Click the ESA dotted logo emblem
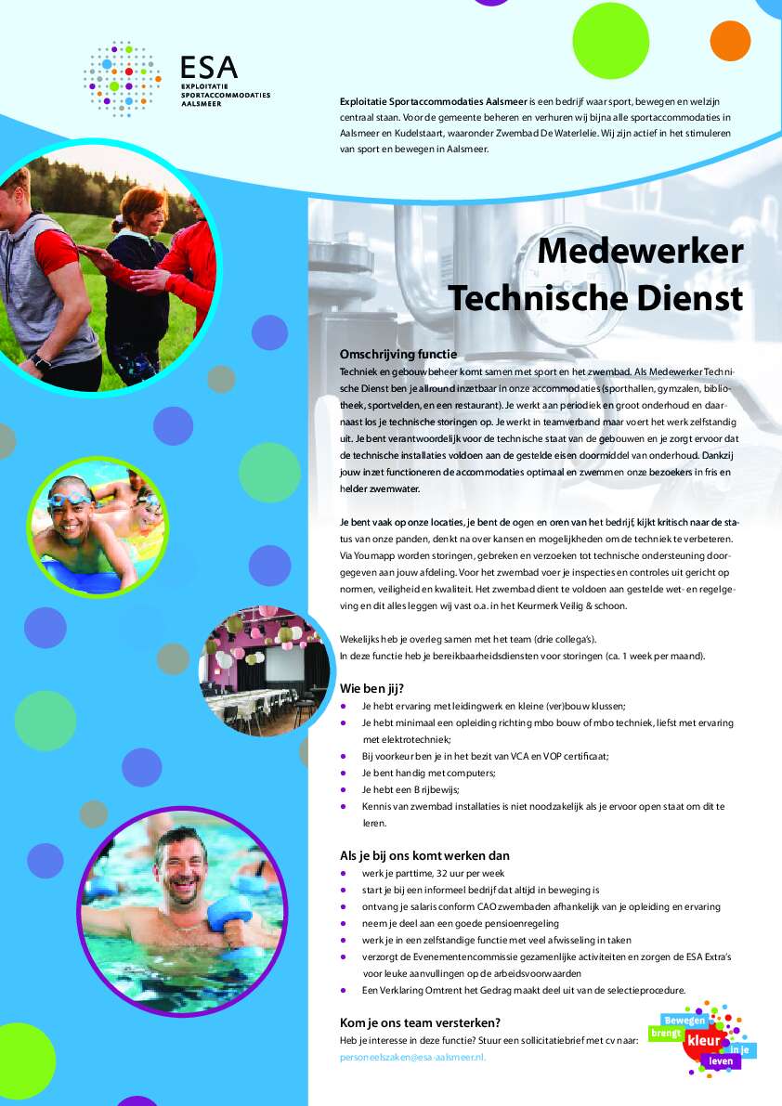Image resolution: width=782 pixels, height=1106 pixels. (122, 79)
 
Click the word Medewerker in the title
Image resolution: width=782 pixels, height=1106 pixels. (640, 251)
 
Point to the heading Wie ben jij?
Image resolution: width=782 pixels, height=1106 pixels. (371, 688)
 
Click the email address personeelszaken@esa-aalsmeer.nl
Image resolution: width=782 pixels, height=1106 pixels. (412, 1057)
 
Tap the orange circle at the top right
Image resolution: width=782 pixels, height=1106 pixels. (730, 40)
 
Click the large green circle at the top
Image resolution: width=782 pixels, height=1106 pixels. (610, 41)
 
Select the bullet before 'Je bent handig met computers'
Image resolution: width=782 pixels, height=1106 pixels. (344, 773)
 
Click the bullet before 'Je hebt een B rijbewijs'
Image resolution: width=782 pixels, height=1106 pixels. (344, 789)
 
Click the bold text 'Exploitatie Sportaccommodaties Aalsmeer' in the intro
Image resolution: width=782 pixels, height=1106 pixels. (434, 99)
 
